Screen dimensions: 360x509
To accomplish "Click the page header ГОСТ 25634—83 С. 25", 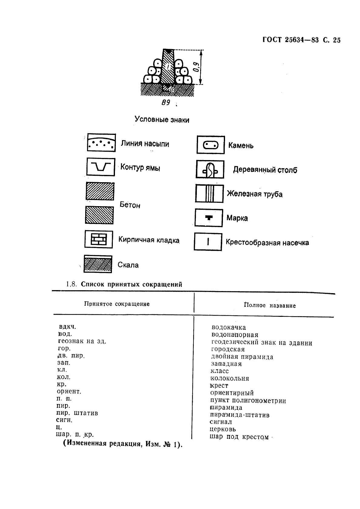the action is tap(301, 40).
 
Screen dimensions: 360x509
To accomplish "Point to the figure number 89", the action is tap(166, 103).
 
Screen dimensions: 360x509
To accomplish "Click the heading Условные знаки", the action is tap(162, 119).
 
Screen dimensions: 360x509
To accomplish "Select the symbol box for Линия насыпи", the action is tap(101, 142).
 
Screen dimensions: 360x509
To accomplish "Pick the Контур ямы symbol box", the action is tap(101, 167).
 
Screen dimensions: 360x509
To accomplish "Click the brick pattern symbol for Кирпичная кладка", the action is tap(99, 239).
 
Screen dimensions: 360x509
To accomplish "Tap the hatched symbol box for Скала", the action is tap(98, 264).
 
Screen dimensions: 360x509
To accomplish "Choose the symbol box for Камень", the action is tap(211, 145).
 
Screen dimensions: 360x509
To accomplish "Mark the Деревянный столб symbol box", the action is tap(210, 169).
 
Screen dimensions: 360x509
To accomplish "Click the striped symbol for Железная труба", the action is tap(209, 194).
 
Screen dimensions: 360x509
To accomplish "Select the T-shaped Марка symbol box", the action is tap(209, 218).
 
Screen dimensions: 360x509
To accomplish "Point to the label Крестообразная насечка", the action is tap(267, 243).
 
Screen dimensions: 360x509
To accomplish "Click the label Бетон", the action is tap(130, 205).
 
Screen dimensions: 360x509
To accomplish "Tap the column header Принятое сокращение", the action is tap(117, 304).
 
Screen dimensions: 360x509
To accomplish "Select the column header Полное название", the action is tap(270, 305).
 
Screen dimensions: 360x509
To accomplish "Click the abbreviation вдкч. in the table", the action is tap(67, 327).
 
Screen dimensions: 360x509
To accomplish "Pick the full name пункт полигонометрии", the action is tap(248, 400).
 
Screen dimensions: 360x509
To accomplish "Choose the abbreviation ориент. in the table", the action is tap(69, 391).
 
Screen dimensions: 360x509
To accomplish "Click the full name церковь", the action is tap(223, 429).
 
